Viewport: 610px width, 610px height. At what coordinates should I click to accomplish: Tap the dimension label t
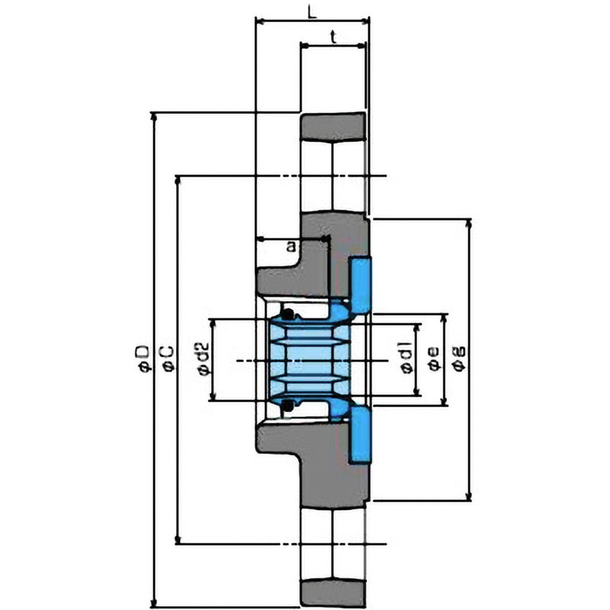[x=333, y=37]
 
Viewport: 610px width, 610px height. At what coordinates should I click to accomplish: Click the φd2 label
[x=204, y=358]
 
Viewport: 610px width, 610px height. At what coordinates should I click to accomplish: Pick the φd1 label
[x=406, y=358]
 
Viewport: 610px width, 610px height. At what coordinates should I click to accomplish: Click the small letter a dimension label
[x=291, y=246]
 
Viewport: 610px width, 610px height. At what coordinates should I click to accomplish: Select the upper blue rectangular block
[x=361, y=284]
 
